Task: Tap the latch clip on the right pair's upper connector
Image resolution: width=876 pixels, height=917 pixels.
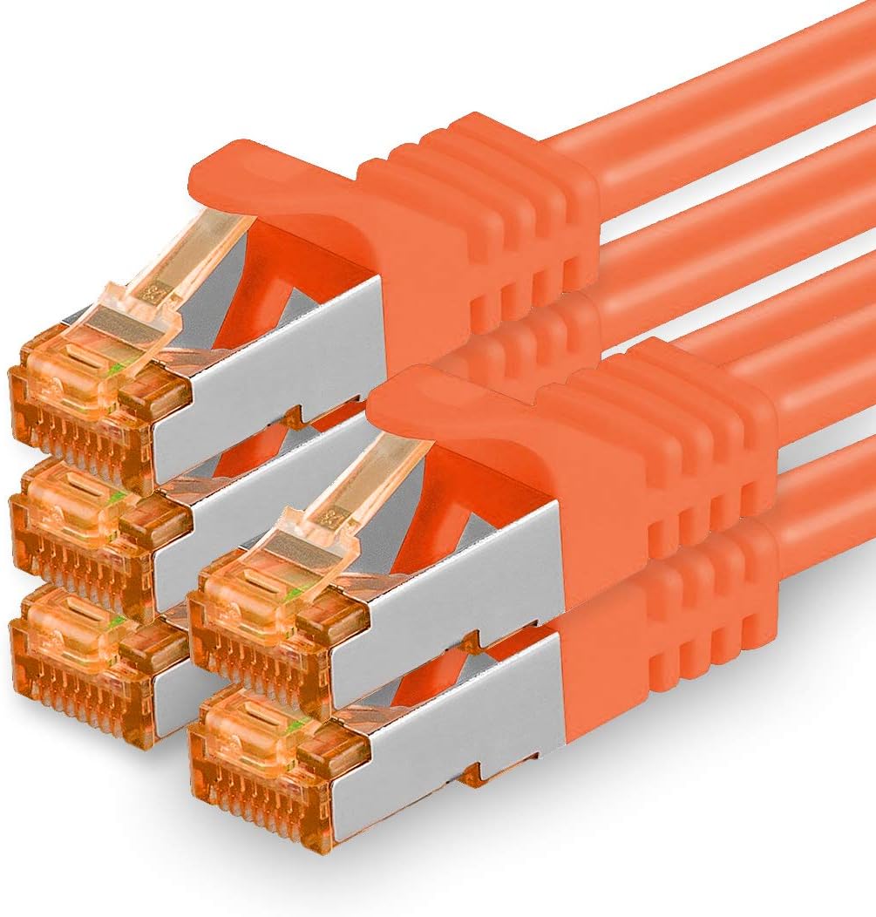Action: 366,488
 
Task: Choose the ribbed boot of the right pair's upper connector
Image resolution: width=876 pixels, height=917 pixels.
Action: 662,436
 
